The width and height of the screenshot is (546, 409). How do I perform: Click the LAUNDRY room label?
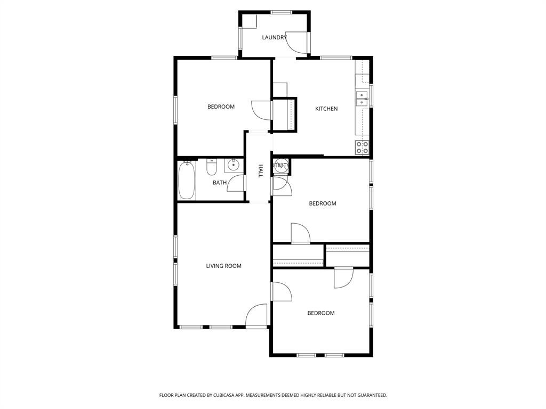(x=274, y=37)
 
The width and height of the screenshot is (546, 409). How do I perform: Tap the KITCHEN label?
(x=326, y=109)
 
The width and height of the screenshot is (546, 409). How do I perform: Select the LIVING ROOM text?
(x=224, y=266)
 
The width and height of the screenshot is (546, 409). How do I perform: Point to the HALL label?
(x=261, y=170)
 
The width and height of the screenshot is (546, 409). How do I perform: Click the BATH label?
(x=220, y=183)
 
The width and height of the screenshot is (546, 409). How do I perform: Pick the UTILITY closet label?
(x=281, y=166)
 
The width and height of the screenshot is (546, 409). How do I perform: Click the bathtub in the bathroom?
(x=187, y=180)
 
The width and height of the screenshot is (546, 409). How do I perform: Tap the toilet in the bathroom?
(x=212, y=168)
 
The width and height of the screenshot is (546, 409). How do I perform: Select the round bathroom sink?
(x=233, y=165)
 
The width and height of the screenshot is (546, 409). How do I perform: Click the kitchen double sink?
(x=362, y=99)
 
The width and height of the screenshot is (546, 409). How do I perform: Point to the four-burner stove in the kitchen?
(x=362, y=148)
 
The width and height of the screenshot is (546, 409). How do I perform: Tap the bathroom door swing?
(x=237, y=182)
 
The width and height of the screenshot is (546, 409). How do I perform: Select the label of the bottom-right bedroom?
(x=321, y=313)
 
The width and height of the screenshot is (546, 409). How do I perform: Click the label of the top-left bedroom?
(x=221, y=107)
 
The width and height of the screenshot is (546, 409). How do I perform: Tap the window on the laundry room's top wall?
(x=281, y=12)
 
